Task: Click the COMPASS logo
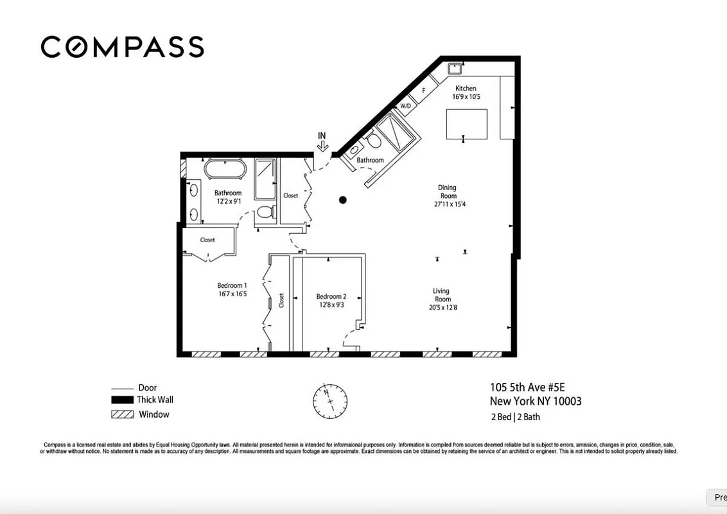coord(123,47)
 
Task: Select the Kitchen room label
coord(466,89)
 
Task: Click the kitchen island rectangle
coord(466,124)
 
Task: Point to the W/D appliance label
coord(405,106)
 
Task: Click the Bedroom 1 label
coord(231,285)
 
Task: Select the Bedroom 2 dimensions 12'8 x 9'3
coord(331,305)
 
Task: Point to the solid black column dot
coord(343,200)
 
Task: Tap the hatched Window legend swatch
coord(121,415)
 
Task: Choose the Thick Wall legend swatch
coord(121,400)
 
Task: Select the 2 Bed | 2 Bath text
coord(514,417)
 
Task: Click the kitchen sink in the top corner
coord(455,66)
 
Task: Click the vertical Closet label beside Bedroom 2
coord(281,300)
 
